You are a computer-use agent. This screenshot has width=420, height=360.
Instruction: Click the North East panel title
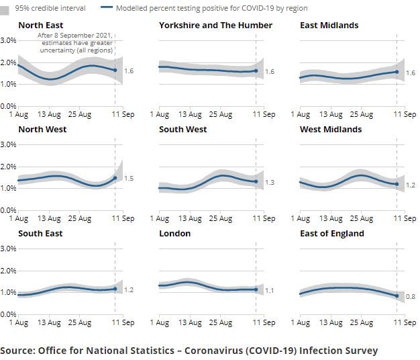40,25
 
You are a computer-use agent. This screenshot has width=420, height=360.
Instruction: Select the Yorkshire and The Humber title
215,25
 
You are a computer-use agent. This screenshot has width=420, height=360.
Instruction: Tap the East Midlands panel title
329,25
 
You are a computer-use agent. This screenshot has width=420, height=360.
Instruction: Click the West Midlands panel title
331,129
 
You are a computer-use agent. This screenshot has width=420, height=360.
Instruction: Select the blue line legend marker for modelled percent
105,8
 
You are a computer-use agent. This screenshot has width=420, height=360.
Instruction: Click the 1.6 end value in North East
129,71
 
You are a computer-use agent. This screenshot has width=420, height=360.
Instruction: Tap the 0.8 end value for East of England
410,296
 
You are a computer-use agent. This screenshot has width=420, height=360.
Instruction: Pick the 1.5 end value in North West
129,179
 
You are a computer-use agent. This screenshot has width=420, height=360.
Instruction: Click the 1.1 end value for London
270,290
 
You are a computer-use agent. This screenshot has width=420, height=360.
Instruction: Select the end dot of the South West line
256,181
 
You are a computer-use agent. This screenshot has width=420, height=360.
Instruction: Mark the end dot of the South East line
115,289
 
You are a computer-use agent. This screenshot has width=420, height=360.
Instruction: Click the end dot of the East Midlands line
397,72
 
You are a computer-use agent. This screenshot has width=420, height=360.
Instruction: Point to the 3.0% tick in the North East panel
9,40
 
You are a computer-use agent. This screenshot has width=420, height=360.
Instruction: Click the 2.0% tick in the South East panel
9,271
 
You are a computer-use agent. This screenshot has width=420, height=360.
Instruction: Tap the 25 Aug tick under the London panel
221,323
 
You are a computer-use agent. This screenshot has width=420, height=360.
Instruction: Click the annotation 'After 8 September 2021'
75,35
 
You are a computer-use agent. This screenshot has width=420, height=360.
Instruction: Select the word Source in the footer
17,351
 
